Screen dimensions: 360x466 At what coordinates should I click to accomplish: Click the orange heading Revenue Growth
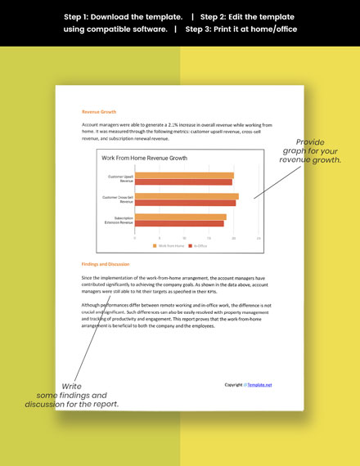click(99, 111)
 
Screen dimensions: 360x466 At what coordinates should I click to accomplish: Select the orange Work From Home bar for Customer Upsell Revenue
click(183, 175)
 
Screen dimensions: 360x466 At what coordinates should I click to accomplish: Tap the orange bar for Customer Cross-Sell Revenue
click(186, 196)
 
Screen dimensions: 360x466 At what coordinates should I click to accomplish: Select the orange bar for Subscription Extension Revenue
click(180, 217)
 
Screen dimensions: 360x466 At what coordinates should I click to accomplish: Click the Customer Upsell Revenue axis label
click(120, 178)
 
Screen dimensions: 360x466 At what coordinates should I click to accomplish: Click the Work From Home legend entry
click(170, 245)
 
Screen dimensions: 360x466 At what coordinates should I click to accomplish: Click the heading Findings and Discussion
click(106, 264)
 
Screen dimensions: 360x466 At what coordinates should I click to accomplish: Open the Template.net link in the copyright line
click(260, 384)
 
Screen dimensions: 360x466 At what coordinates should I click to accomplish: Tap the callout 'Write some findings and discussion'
click(72, 395)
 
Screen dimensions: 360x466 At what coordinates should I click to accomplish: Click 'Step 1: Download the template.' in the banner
click(122, 16)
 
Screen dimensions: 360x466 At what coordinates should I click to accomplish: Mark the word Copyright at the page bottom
click(233, 384)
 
